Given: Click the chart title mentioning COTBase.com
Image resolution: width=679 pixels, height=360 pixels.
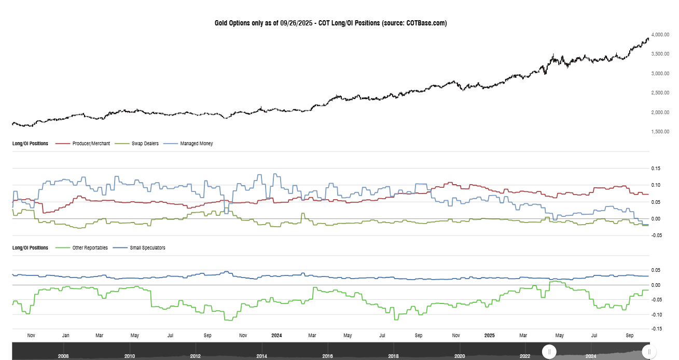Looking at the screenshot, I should (x=330, y=23).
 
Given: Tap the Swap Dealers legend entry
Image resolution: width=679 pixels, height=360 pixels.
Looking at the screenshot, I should (x=145, y=144).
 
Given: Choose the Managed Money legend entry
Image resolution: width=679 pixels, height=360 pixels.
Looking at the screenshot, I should (x=196, y=144).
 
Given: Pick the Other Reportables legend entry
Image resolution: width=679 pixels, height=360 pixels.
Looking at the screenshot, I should (x=90, y=248).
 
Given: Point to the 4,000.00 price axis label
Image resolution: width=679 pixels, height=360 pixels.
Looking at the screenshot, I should (x=661, y=35).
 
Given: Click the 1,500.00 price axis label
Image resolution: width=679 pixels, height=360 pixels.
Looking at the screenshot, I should (x=661, y=132).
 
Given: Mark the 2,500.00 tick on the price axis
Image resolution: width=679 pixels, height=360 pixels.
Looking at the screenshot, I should (x=661, y=93).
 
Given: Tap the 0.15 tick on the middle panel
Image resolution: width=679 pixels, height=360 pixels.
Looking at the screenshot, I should (x=657, y=169).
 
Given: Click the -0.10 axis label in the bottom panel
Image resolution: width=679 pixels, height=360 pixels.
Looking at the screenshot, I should (x=656, y=314).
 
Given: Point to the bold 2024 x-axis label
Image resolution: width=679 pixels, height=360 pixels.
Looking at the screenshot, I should (x=277, y=336).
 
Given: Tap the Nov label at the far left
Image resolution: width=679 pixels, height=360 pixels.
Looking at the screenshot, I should (x=31, y=336).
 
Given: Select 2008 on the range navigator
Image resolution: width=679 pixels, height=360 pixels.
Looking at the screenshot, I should (x=64, y=356).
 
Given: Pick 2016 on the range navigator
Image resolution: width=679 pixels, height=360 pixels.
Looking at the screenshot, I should (x=327, y=356).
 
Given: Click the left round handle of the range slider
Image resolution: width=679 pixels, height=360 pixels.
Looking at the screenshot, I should (x=549, y=352).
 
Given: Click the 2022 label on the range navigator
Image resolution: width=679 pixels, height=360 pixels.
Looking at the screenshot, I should (x=525, y=356).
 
